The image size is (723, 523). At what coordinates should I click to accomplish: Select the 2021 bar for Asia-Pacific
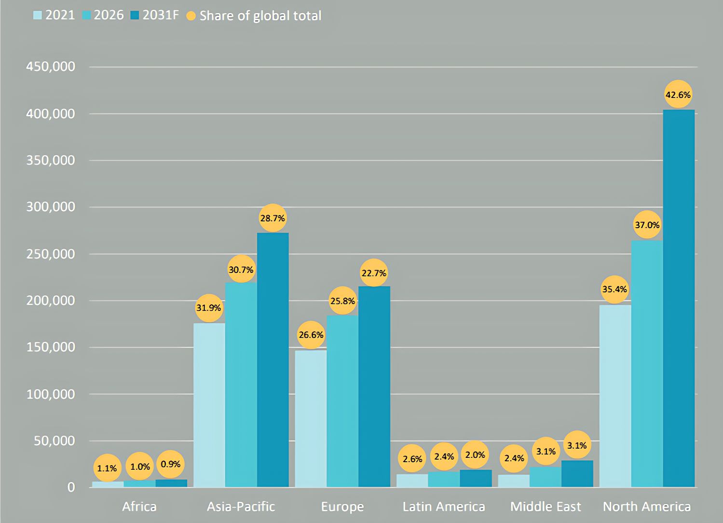coord(209,405)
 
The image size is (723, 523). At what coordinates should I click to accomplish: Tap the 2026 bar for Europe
coord(342,401)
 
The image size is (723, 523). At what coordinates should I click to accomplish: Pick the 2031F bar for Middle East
coord(577,474)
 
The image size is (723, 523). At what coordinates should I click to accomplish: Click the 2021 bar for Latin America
coord(412,481)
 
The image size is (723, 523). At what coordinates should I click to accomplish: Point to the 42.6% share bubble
coord(678,95)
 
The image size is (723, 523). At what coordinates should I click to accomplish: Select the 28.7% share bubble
coord(273,218)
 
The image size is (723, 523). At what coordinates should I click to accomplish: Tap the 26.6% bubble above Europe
coord(311,335)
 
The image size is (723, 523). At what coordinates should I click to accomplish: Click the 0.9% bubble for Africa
coord(171,464)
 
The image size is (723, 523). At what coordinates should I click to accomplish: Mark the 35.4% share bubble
coord(614,289)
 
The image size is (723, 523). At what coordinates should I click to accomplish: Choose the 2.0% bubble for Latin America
coord(475,454)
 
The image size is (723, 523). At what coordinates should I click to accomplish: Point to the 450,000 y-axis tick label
coord(51,67)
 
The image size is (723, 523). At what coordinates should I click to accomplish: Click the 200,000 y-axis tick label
coord(51,301)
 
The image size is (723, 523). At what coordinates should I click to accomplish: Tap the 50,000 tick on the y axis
coord(54,441)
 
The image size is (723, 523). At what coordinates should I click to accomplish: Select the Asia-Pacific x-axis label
coord(241,507)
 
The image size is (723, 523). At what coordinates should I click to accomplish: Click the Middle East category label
coord(546,507)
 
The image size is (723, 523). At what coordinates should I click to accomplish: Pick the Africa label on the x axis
coord(139,507)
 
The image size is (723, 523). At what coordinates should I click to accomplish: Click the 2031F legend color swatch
coord(135,15)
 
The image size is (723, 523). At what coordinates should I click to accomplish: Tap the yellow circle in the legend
coord(191,16)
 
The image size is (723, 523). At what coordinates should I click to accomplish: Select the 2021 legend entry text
coord(60,15)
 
